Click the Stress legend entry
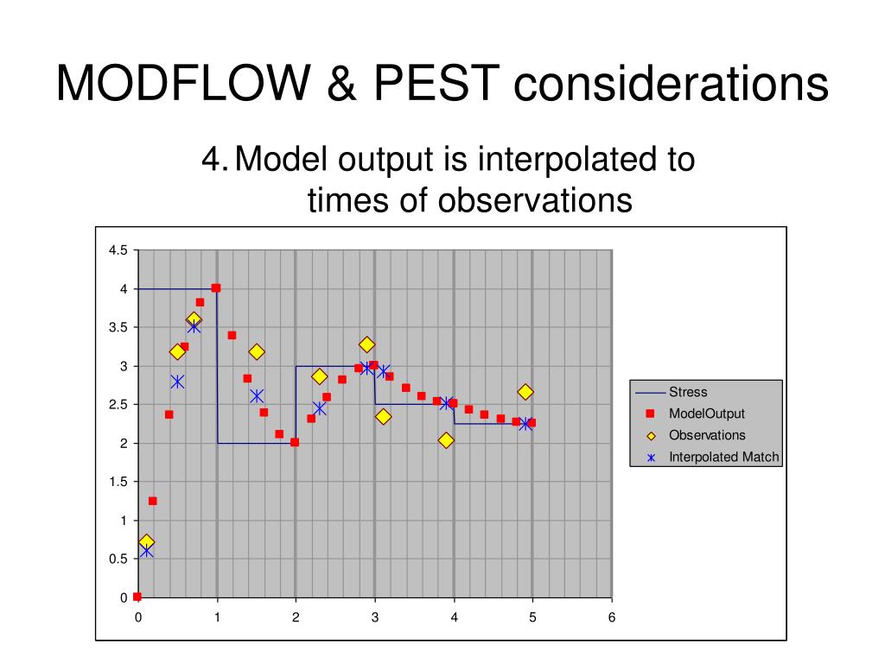click(688, 392)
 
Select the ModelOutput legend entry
click(707, 414)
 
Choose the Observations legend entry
click(707, 435)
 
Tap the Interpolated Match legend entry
click(723, 457)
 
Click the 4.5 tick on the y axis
click(118, 250)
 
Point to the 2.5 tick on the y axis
click(118, 405)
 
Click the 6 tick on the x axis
click(611, 617)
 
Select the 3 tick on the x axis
click(374, 617)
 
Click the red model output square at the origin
click(137, 597)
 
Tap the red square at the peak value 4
click(216, 288)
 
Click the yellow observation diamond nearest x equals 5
click(525, 392)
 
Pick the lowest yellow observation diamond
click(146, 542)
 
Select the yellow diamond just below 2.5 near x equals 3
click(383, 417)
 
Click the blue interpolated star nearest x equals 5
click(525, 424)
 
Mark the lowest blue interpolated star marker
click(146, 550)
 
